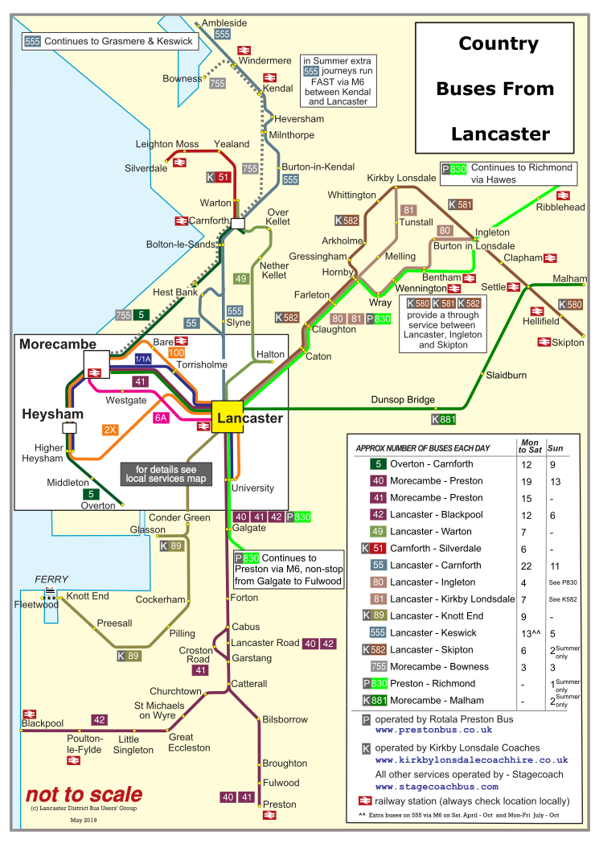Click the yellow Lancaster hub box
228,417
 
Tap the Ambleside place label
224,23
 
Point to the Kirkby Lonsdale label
401,177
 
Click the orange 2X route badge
110,430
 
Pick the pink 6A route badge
162,418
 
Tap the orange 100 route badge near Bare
177,352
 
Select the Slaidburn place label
506,375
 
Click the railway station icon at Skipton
544,343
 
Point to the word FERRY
51,579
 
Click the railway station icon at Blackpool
30,714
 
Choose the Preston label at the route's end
280,804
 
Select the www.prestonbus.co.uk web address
433,730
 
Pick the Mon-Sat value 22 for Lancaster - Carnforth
527,565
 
